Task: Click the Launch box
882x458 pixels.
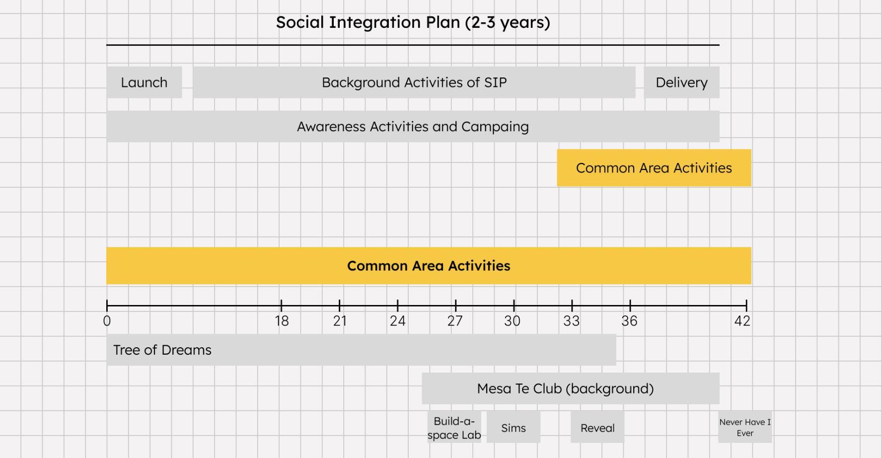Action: click(x=144, y=82)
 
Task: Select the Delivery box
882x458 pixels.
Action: click(x=681, y=82)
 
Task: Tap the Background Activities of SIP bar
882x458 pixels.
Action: click(x=414, y=82)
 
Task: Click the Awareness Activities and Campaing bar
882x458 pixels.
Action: click(x=413, y=127)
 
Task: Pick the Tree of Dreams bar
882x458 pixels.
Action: click(x=361, y=350)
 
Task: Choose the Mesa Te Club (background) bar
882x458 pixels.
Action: click(x=571, y=388)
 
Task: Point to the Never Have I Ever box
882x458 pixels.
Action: click(x=745, y=427)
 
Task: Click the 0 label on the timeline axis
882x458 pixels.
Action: click(x=107, y=321)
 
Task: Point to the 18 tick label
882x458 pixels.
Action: click(x=282, y=321)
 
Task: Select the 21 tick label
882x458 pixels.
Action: click(x=340, y=321)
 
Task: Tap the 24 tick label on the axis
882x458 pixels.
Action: click(x=398, y=321)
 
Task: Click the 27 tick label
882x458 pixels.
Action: click(x=455, y=321)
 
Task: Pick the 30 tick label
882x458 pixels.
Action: click(x=513, y=321)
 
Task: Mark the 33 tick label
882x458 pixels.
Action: click(x=571, y=321)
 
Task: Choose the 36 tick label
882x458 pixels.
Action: click(x=629, y=321)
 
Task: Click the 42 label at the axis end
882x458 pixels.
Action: click(x=742, y=321)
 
